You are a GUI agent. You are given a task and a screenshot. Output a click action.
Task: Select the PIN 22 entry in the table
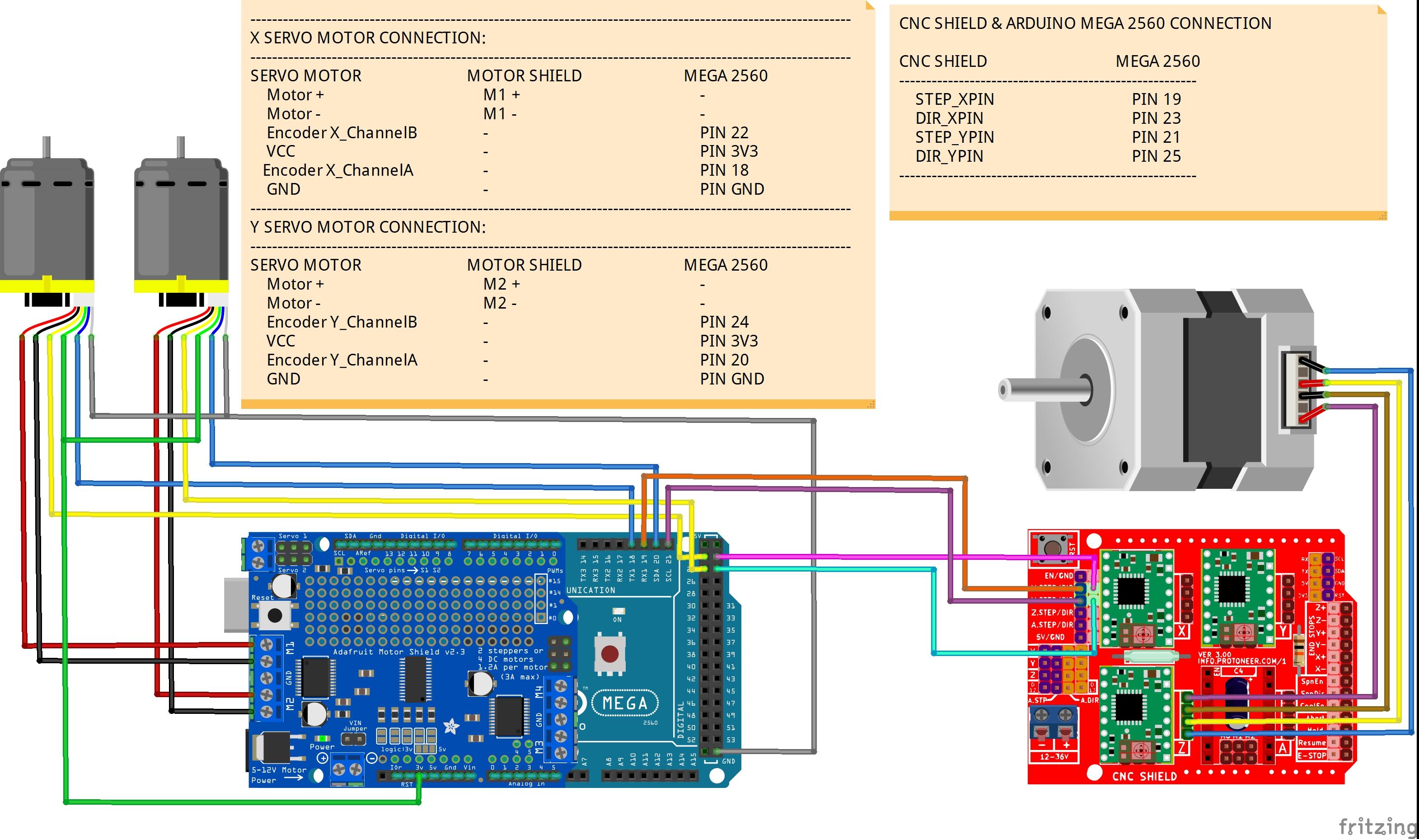click(x=724, y=133)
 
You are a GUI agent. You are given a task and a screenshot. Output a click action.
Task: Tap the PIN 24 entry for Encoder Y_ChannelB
click(x=724, y=322)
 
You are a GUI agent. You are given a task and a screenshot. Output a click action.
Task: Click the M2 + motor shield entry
click(x=501, y=284)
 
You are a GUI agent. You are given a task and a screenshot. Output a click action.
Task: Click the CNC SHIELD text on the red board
click(x=1144, y=776)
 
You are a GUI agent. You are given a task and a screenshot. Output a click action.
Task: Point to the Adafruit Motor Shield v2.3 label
click(x=398, y=652)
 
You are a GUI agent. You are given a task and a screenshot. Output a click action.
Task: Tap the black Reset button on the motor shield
click(x=275, y=615)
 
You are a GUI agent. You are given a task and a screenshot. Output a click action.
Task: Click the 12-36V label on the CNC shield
click(x=1054, y=756)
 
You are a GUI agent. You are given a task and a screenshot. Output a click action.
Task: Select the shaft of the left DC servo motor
click(x=47, y=147)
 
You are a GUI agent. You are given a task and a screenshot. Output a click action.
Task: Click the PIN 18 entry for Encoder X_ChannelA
click(x=724, y=171)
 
